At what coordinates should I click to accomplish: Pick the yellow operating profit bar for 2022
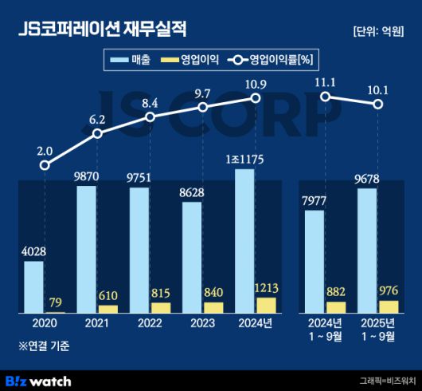(x=161, y=307)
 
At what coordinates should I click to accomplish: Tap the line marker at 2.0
(x=45, y=166)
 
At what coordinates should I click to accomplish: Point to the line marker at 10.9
(x=256, y=98)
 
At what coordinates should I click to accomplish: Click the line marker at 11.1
(x=325, y=97)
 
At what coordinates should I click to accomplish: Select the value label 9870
(x=86, y=177)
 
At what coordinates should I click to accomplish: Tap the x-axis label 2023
(x=202, y=324)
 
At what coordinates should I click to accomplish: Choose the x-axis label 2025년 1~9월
(x=377, y=330)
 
